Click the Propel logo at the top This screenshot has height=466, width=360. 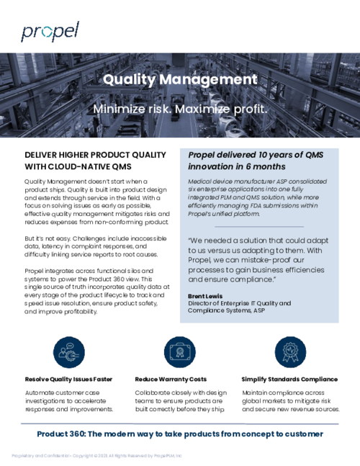click(x=50, y=32)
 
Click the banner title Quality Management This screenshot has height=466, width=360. click(x=180, y=80)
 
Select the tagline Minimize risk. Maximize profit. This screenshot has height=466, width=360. click(x=180, y=109)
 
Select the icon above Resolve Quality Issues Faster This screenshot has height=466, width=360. click(x=68, y=351)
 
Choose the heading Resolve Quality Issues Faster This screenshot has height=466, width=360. click(x=68, y=379)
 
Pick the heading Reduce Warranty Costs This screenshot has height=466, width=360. click(x=171, y=379)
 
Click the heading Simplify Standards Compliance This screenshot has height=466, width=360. click(x=289, y=379)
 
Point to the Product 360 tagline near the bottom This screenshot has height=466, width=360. click(x=180, y=434)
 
